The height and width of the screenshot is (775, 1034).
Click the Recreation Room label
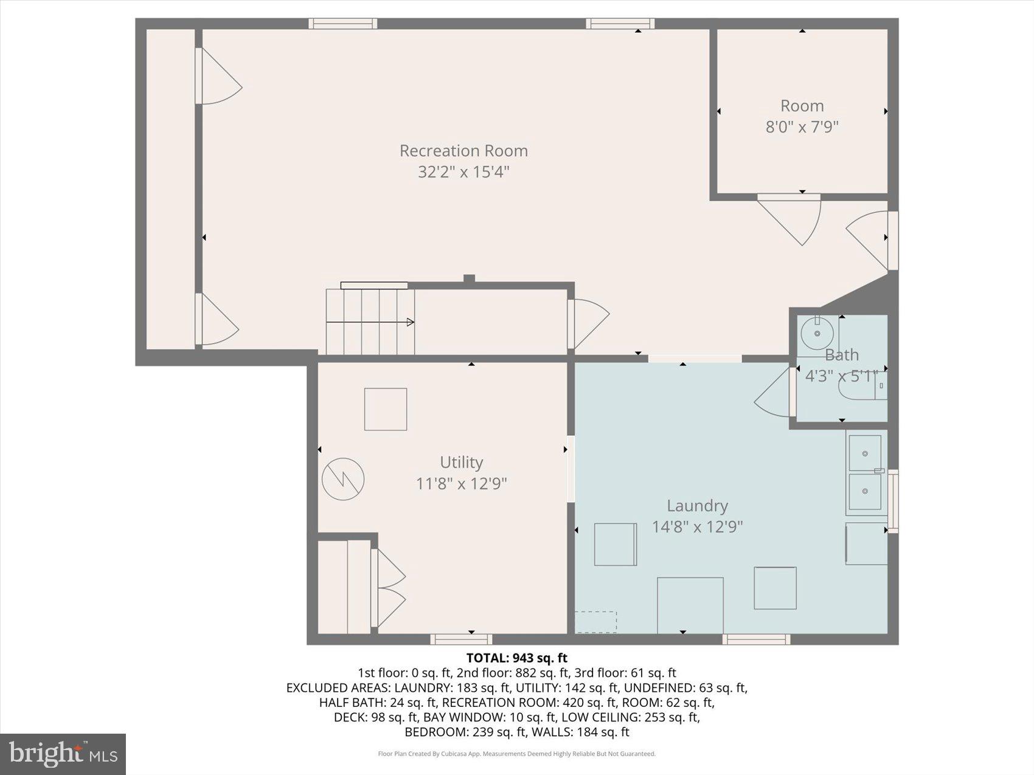pos(463,151)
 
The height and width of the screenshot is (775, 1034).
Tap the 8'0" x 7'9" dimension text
pos(802,127)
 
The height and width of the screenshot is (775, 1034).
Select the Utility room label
pos(461,463)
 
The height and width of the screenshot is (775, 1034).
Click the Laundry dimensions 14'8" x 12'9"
pos(697,526)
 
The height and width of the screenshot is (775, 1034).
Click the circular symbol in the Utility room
pos(343,479)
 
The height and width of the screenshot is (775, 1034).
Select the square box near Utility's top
pos(385,409)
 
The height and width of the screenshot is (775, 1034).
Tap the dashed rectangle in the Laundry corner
pos(596,622)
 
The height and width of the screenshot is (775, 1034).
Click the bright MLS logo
pos(63,754)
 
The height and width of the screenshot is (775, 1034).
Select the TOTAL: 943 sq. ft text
pos(516,658)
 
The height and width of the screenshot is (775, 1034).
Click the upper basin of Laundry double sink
pos(864,453)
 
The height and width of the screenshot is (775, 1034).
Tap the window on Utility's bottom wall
pos(461,639)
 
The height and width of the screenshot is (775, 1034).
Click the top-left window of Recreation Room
pos(342,24)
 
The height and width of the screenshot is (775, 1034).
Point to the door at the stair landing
pos(589,322)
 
